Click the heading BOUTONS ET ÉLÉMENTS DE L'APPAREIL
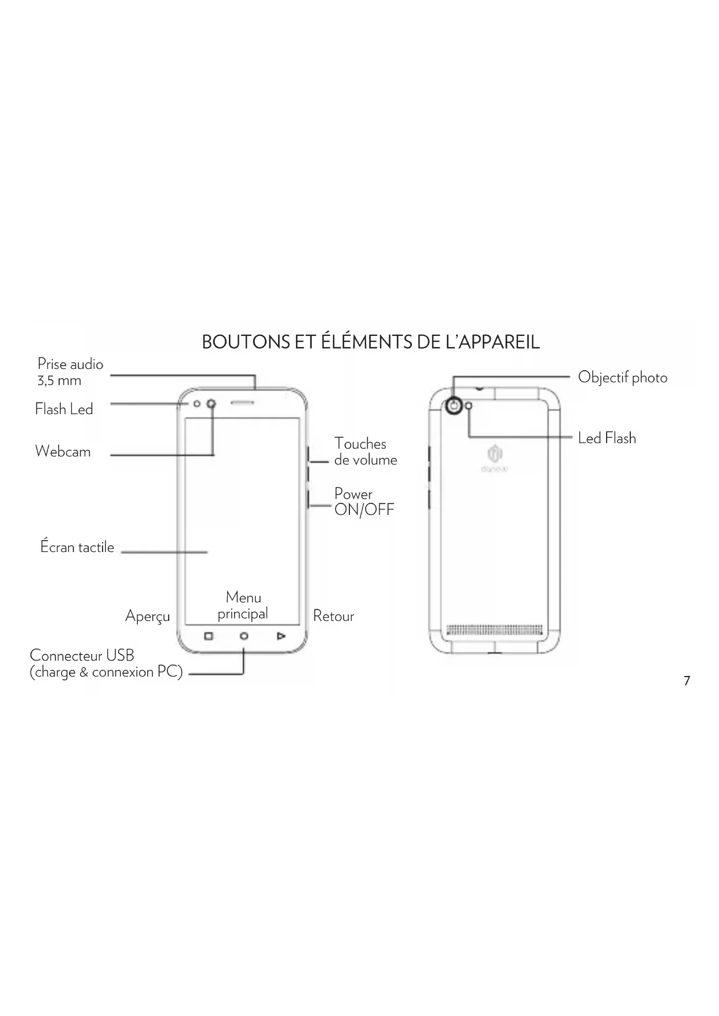click(x=371, y=342)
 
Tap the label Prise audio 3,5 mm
click(x=70, y=372)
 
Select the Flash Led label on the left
click(x=64, y=410)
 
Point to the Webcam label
click(x=63, y=452)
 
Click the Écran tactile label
click(x=77, y=547)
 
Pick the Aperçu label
click(x=147, y=616)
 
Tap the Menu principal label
click(x=243, y=606)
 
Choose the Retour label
click(x=333, y=616)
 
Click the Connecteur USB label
click(x=106, y=664)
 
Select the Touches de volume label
click(x=365, y=452)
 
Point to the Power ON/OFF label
click(x=364, y=502)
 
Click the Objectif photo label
click(x=622, y=378)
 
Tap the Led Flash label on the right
click(x=607, y=438)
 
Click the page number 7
click(x=687, y=681)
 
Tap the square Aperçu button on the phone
click(x=209, y=637)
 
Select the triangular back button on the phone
click(x=281, y=637)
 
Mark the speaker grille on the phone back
click(x=495, y=630)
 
